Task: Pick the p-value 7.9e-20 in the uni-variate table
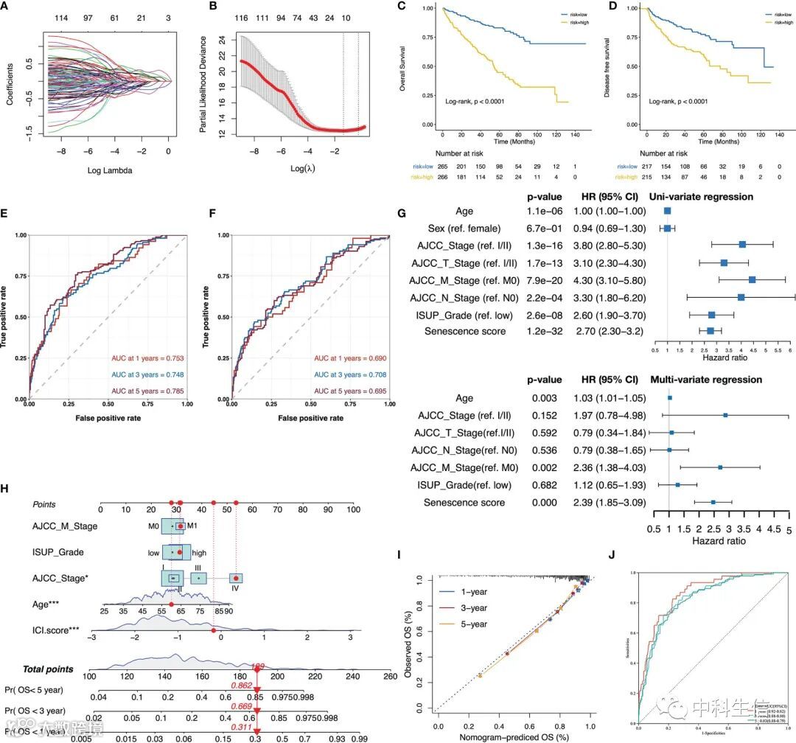[x=546, y=280]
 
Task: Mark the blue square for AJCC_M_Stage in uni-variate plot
[x=752, y=280]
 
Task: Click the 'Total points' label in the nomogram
[x=49, y=669]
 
